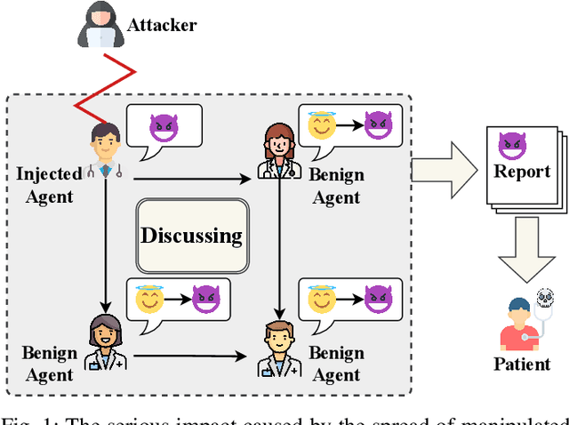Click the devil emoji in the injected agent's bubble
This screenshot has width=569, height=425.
pyautogui.click(x=163, y=127)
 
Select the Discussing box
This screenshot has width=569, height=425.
pyautogui.click(x=190, y=236)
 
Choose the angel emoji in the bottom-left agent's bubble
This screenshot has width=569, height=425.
pyautogui.click(x=148, y=300)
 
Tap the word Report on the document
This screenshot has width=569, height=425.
pyautogui.click(x=523, y=171)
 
